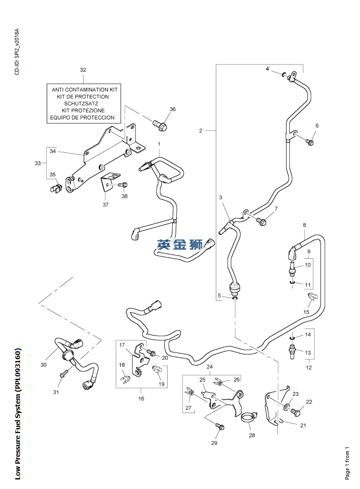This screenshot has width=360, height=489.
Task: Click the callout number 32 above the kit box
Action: pyautogui.click(x=83, y=70)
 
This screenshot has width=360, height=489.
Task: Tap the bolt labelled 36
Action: pyautogui.click(x=160, y=126)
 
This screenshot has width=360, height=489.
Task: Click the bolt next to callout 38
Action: pyautogui.click(x=123, y=184)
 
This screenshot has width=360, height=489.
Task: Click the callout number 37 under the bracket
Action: pyautogui.click(x=106, y=205)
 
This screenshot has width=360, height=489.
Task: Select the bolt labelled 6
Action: pyautogui.click(x=309, y=142)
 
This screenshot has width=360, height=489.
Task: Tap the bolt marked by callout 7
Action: pyautogui.click(x=260, y=221)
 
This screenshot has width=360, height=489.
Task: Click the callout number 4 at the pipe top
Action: pyautogui.click(x=268, y=69)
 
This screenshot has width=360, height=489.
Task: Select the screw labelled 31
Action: pyautogui.click(x=62, y=376)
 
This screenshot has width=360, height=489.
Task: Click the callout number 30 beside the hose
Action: pyautogui.click(x=43, y=365)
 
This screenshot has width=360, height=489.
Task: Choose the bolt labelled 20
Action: pyautogui.click(x=151, y=353)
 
